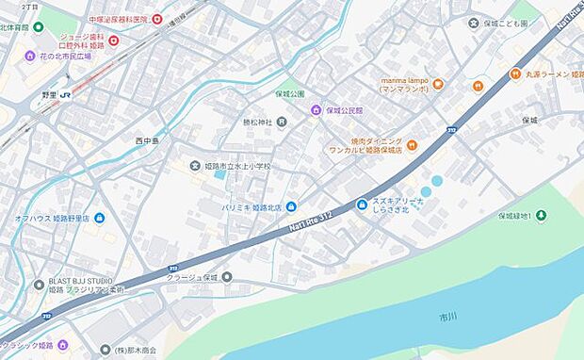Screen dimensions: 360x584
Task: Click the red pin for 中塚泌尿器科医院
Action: pyautogui.click(x=157, y=19)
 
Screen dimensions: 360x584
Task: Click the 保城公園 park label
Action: pyautogui.click(x=290, y=94)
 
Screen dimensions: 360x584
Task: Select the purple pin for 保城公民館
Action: pyautogui.click(x=317, y=109)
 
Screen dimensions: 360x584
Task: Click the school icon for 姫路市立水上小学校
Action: pyautogui.click(x=194, y=166)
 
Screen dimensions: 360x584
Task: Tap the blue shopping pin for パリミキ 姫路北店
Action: pyautogui.click(x=291, y=206)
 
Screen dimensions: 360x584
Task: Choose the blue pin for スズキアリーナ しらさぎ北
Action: pyautogui.click(x=362, y=205)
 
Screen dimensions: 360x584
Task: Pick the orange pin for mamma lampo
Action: pyautogui.click(x=439, y=84)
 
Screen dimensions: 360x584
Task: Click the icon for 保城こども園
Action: pyautogui.click(x=474, y=23)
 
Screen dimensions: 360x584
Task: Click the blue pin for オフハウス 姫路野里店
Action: pyautogui.click(x=100, y=218)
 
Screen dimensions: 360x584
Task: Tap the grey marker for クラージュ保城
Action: pyautogui.click(x=227, y=277)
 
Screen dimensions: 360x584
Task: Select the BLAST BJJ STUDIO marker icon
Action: pyautogui.click(x=40, y=284)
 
